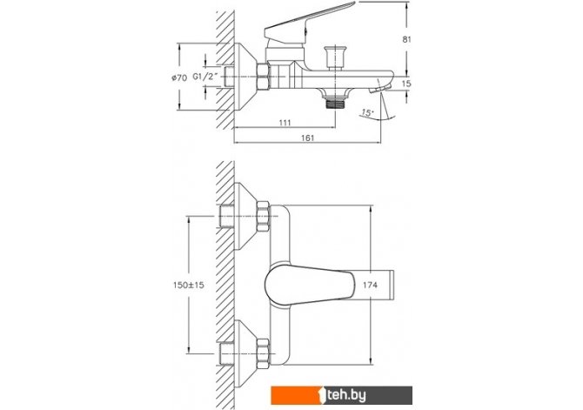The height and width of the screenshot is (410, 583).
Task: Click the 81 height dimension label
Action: point(407,39)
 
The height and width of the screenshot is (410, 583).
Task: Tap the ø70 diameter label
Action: point(179,77)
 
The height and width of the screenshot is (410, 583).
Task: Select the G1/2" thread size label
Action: point(204,77)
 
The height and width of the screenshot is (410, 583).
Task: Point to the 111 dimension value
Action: point(285,123)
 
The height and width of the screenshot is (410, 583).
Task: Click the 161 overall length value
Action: point(307,138)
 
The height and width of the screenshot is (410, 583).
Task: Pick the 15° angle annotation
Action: point(367,112)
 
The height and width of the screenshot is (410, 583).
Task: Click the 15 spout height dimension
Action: point(406,84)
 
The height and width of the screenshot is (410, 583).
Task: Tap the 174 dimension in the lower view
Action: point(370,285)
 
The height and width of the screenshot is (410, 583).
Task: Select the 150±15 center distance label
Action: point(189,285)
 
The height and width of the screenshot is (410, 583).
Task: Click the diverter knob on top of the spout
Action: point(335,58)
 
